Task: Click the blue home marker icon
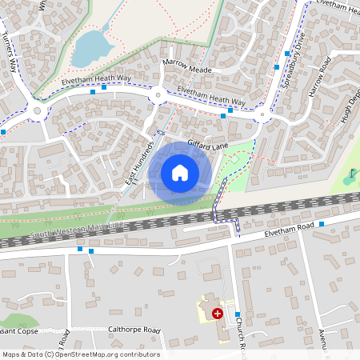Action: pyautogui.click(x=179, y=172)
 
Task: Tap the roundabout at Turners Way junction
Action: pyautogui.click(x=38, y=110)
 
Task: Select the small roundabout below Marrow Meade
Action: pyautogui.click(x=158, y=96)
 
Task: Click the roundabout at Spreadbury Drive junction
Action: pyautogui.click(x=262, y=117)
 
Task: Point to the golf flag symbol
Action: pyautogui.click(x=352, y=174)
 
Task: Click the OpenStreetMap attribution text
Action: pyautogui.click(x=80, y=354)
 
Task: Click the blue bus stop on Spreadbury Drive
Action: pyautogui.click(x=286, y=54)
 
